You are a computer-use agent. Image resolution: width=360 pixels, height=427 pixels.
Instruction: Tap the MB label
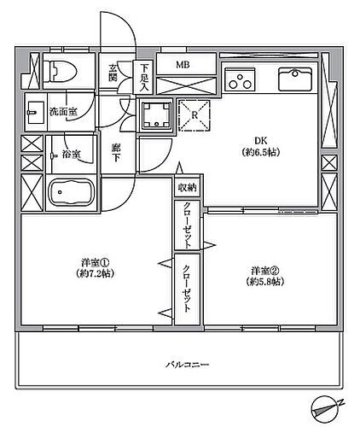point(183,64)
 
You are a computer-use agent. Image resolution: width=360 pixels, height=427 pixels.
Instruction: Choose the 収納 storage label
point(186,187)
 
